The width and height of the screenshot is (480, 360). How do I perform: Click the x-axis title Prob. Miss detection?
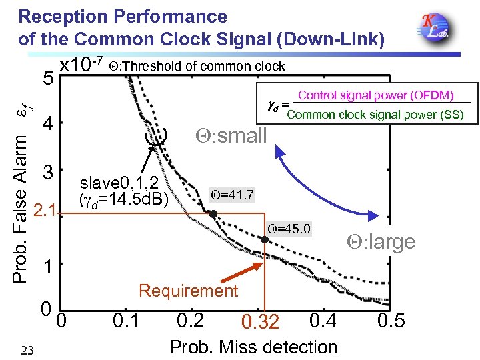pyautogui.click(x=253, y=347)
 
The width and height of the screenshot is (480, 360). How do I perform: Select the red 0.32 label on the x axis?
pyautogui.click(x=260, y=323)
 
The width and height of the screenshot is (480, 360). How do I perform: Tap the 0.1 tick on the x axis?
pyautogui.click(x=127, y=321)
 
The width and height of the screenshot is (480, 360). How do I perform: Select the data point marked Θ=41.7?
pyautogui.click(x=213, y=214)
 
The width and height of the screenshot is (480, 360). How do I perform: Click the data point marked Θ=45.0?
pyautogui.click(x=265, y=239)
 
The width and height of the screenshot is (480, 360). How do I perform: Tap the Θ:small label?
pyautogui.click(x=231, y=135)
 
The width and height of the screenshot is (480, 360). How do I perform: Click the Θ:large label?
pyautogui.click(x=380, y=241)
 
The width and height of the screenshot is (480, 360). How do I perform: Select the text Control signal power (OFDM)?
pyautogui.click(x=375, y=95)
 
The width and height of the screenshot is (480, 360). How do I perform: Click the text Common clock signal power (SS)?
pyautogui.click(x=375, y=115)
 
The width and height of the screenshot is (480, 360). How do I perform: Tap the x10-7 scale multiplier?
pyautogui.click(x=80, y=65)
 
